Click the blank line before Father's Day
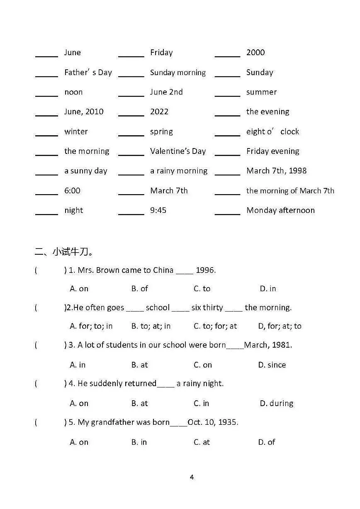pos(46,75)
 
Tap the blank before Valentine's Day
pos(131,154)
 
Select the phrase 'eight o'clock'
pos(272,132)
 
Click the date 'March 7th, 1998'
pos(277,170)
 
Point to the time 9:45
pos(158,210)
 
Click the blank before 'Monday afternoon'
pos(227,213)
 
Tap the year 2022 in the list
pos(159,112)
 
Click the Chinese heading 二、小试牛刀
pos(64,251)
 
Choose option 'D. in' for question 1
pos(268,289)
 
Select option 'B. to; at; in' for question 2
pos(151,326)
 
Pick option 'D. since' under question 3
pos(272,365)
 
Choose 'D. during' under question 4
pos(277,403)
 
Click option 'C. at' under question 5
pos(202,442)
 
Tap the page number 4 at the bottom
pos(192,477)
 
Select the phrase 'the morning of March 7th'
pos(290,191)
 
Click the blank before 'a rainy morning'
pos(131,173)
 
